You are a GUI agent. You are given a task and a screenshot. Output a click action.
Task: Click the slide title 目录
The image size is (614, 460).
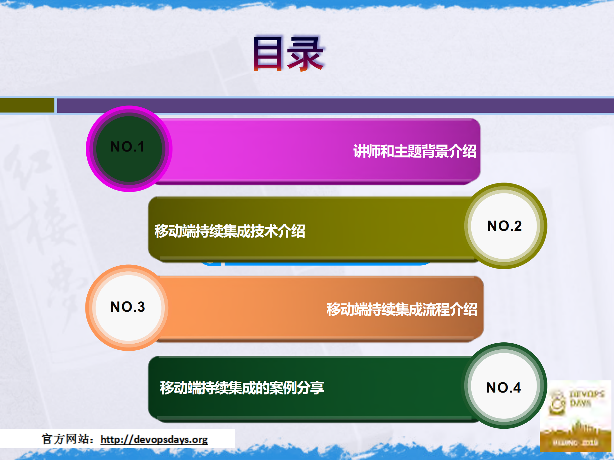288,53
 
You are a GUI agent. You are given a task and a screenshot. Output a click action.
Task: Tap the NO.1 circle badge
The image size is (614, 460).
129,148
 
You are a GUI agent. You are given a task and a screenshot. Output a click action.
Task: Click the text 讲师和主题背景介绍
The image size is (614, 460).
415,151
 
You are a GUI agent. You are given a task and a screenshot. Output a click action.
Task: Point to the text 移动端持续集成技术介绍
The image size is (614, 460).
230,231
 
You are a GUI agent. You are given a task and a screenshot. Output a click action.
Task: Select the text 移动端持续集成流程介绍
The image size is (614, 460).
402,309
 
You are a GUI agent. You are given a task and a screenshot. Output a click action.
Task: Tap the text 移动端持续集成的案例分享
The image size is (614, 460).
242,388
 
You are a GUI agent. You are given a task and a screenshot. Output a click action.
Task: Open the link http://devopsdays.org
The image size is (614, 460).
154,440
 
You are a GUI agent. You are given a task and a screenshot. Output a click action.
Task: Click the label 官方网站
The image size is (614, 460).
66,439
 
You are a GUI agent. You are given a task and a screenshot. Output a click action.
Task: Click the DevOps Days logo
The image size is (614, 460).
575,416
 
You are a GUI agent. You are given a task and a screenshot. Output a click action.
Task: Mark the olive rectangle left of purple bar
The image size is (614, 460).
27,105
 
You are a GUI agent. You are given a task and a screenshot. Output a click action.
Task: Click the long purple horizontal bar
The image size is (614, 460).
335,105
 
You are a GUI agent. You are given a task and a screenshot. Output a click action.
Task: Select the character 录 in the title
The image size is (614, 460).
306,53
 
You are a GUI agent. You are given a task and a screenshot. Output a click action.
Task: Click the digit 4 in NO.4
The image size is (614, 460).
517,387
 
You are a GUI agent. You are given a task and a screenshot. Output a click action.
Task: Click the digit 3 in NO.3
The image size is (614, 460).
141,307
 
